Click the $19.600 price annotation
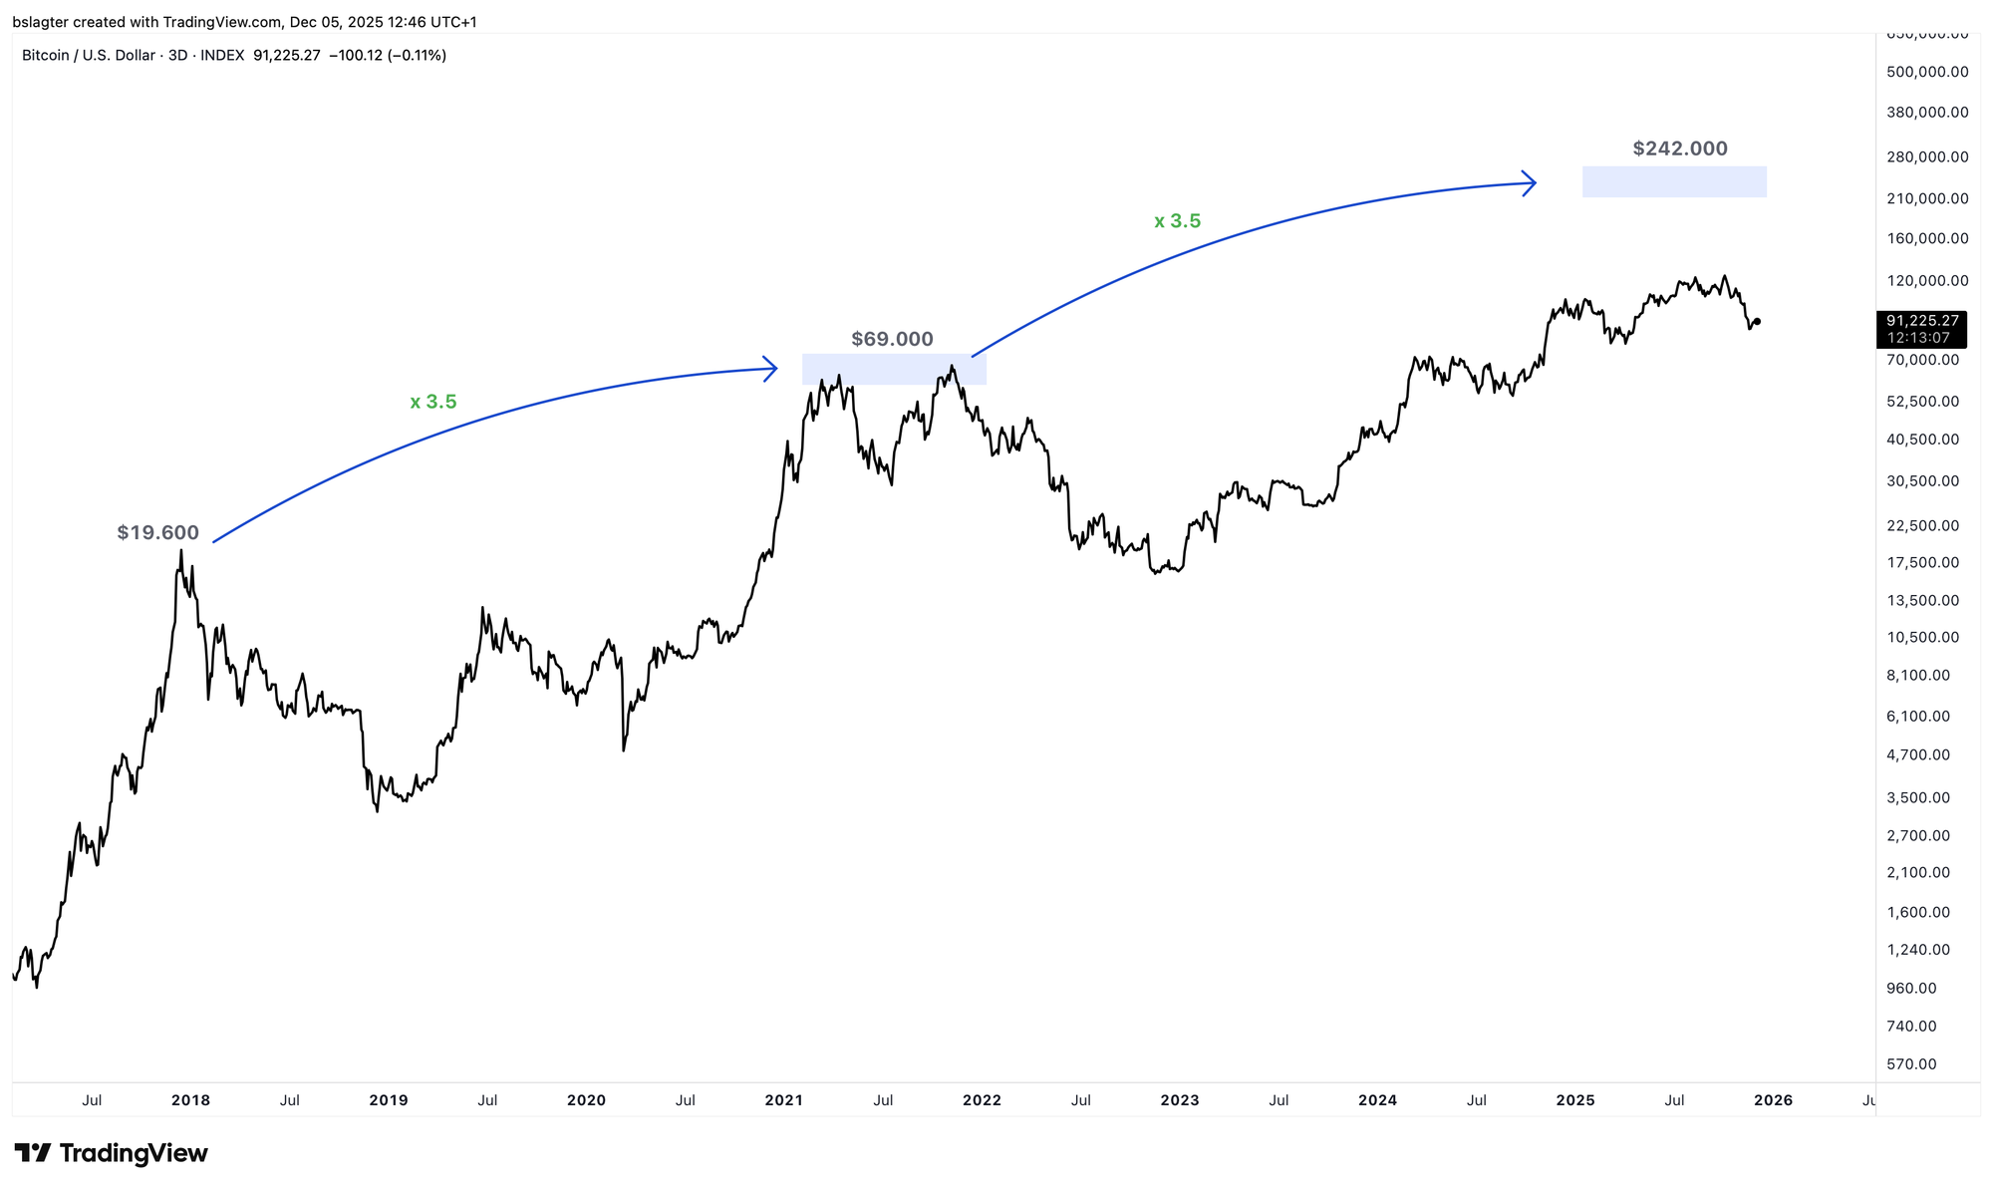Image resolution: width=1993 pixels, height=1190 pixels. [157, 532]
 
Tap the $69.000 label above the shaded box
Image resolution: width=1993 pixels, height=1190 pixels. [892, 339]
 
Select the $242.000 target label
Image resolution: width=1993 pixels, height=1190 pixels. [1680, 149]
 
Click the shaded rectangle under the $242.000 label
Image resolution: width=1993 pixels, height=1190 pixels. [1674, 181]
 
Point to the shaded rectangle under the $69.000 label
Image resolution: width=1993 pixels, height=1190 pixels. [894, 370]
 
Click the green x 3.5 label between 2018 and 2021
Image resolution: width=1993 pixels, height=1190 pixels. [433, 402]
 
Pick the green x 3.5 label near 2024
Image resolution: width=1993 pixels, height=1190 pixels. [1177, 221]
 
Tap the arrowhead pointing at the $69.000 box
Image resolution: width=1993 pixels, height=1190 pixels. [771, 369]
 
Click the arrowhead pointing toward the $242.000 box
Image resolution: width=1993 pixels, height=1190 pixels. [1530, 182]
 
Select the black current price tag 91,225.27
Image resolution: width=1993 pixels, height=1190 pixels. [1922, 321]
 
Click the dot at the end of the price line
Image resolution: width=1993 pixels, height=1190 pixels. [1757, 321]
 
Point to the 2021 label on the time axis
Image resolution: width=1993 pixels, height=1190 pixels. [783, 1100]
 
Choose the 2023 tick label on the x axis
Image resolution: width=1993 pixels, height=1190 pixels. [1180, 1100]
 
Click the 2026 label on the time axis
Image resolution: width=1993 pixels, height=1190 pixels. [1773, 1100]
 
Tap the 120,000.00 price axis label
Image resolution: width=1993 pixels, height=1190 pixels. [1927, 281]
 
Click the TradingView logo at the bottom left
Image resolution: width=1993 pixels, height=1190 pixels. [111, 1153]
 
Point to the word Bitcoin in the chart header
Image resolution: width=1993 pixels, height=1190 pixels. [46, 56]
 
